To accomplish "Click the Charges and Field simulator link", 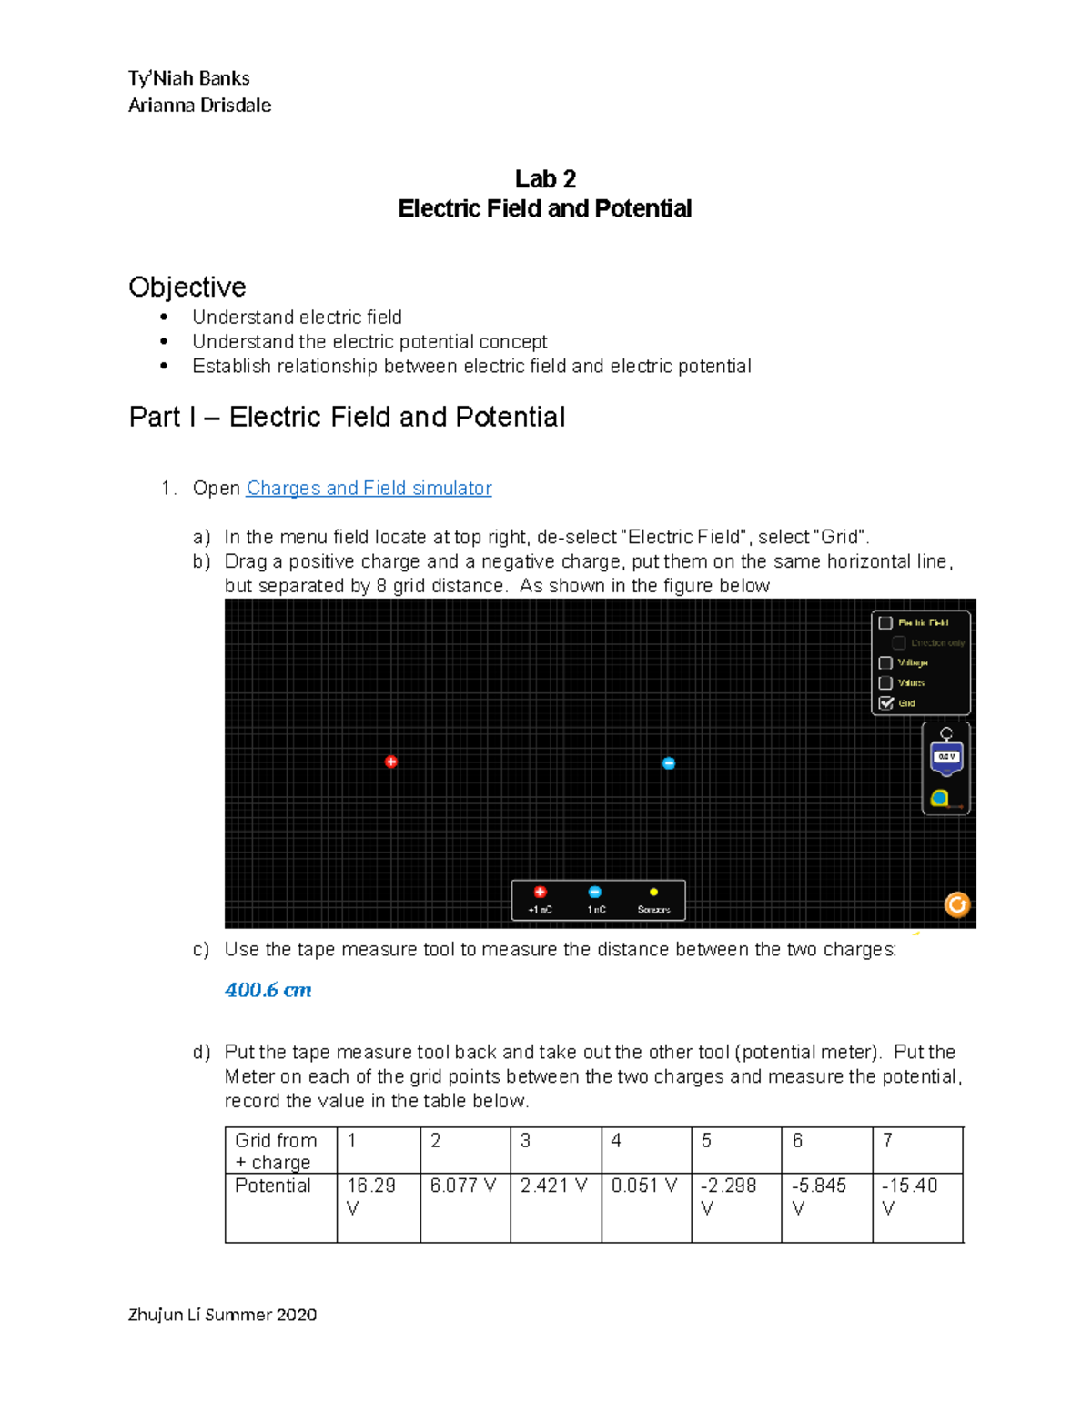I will pos(369,489).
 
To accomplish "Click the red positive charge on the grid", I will pos(391,762).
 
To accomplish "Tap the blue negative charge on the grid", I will pos(669,763).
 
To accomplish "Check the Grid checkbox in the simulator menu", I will pos(885,703).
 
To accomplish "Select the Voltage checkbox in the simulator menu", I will pos(885,663).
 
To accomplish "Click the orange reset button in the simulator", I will pos(957,904).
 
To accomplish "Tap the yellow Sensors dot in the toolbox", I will pos(653,893).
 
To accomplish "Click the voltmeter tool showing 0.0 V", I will pos(946,756).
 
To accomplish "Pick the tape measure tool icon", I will pos(940,799).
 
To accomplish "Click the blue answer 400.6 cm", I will pos(268,990).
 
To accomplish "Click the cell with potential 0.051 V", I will pos(645,1186).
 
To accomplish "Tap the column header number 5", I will pos(706,1141).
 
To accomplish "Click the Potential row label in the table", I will pos(273,1186).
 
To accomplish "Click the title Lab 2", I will pos(545,178).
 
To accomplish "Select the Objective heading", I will pos(187,288).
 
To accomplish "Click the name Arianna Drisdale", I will pos(200,106).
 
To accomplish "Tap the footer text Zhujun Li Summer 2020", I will pos(223,1315).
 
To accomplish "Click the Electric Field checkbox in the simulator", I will pos(885,623).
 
